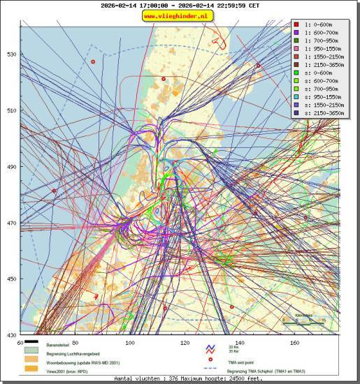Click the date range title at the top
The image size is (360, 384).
180,5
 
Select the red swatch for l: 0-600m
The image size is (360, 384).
296,25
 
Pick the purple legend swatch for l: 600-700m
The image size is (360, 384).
296,34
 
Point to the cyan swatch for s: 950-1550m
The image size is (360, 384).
296,98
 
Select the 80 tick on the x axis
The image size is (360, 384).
75,343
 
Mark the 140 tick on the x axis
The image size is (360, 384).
240,343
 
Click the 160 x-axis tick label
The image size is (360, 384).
295,343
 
